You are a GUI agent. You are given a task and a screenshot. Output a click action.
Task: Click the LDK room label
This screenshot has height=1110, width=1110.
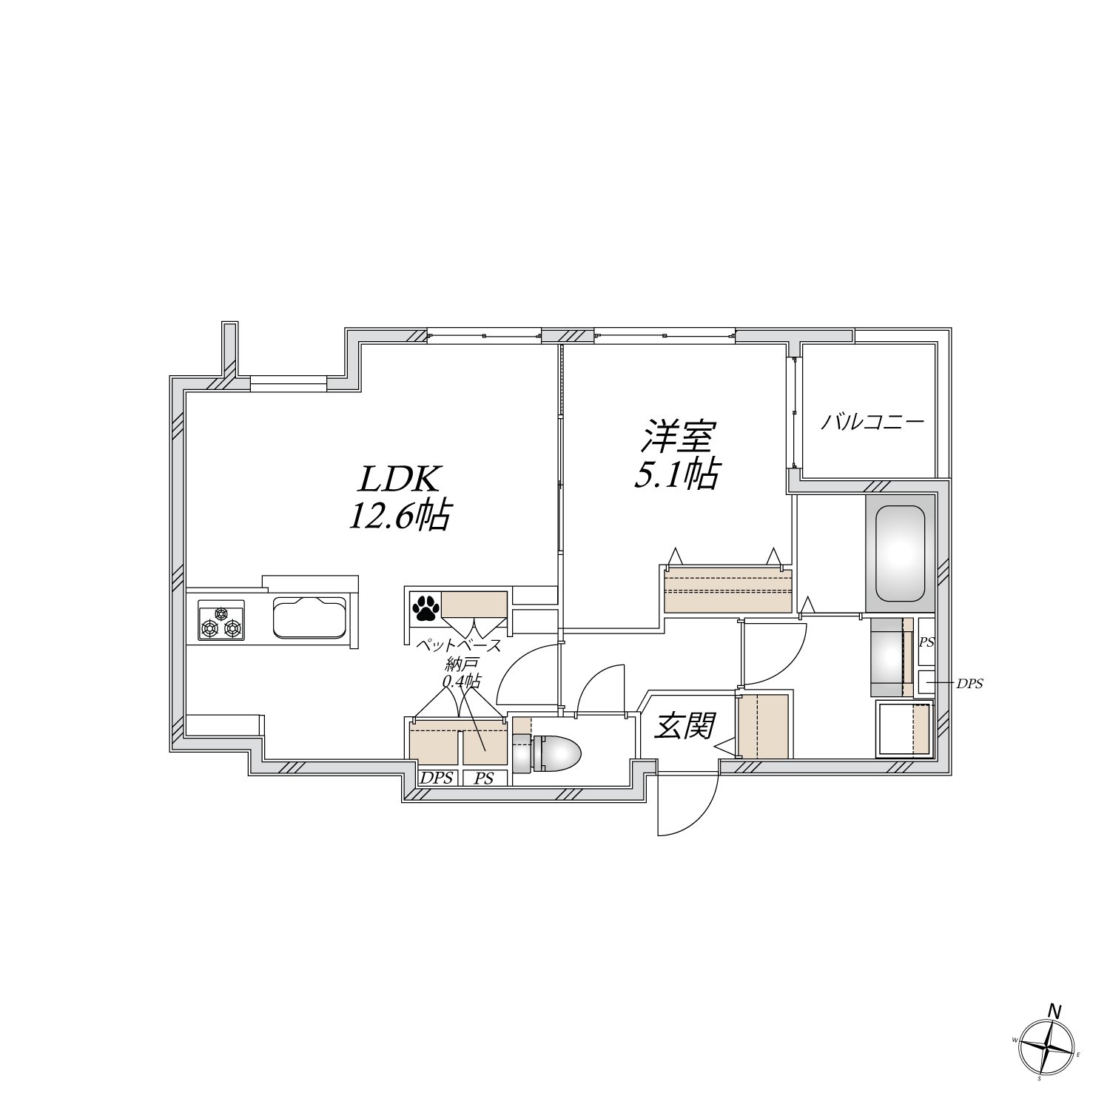pyautogui.click(x=400, y=480)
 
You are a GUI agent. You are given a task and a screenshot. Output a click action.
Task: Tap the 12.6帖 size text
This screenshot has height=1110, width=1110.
pyautogui.click(x=400, y=516)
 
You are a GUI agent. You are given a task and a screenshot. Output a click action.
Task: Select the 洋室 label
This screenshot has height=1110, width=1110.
pyautogui.click(x=676, y=437)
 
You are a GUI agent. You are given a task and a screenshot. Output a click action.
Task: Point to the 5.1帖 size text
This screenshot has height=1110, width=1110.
pyautogui.click(x=676, y=474)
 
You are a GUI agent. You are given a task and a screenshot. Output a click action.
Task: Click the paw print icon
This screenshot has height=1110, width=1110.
pyautogui.click(x=425, y=608)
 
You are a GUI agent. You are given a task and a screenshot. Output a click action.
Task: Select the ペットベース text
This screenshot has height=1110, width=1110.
pyautogui.click(x=459, y=645)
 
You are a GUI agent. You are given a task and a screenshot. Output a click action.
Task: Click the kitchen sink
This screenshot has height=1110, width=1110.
pyautogui.click(x=309, y=617)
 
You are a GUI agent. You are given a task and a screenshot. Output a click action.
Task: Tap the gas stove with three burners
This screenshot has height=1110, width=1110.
pyautogui.click(x=221, y=620)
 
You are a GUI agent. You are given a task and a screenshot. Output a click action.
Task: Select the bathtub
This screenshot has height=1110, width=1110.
pyautogui.click(x=900, y=554)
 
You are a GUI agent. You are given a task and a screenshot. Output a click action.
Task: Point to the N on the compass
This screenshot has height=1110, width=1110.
pyautogui.click(x=1055, y=1010)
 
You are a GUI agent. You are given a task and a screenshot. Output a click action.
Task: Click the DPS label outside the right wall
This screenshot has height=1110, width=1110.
pyautogui.click(x=969, y=684)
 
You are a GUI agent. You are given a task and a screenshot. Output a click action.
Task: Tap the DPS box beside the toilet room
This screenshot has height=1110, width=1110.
pyautogui.click(x=436, y=778)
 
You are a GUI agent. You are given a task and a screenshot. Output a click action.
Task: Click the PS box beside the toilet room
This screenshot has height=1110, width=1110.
pyautogui.click(x=485, y=778)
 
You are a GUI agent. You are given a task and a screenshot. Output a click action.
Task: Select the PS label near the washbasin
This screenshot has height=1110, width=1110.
pyautogui.click(x=926, y=642)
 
